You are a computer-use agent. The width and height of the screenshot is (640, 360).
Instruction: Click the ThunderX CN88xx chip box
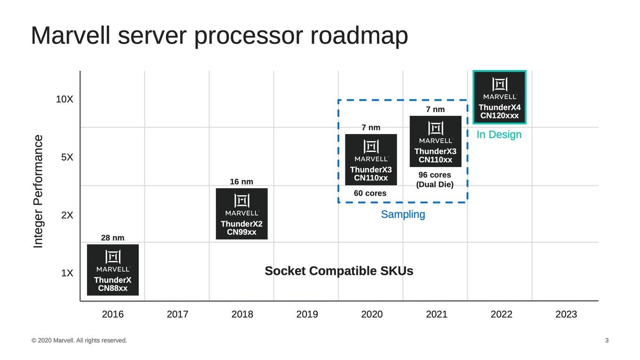113,270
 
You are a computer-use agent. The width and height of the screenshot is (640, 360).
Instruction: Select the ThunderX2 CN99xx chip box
242,214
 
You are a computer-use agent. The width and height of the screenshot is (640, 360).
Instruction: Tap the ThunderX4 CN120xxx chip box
499,97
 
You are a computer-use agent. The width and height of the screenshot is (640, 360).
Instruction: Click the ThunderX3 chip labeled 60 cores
371,160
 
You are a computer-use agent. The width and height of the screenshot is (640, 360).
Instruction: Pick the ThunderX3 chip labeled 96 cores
435,141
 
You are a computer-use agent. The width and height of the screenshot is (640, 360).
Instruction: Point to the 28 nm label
112,238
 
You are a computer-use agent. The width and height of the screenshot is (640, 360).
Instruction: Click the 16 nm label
241,182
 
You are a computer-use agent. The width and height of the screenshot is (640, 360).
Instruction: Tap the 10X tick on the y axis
64,99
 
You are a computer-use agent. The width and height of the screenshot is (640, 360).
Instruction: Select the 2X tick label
67,215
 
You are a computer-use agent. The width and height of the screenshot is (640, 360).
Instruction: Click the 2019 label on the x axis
307,314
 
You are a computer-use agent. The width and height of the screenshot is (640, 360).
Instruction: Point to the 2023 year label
566,314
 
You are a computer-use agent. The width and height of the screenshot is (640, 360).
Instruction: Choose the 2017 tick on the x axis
177,314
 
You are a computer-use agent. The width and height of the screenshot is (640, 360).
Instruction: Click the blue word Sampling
403,214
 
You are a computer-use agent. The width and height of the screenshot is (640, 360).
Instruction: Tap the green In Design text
499,135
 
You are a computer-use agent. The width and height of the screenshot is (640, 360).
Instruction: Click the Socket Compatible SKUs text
339,271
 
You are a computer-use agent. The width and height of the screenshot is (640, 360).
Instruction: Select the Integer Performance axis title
38,192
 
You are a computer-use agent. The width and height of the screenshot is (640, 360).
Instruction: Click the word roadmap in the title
359,36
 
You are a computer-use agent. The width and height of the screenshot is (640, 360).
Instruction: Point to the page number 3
607,340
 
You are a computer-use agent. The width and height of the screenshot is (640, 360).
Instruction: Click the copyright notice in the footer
79,340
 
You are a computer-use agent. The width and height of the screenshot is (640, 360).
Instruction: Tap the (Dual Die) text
435,184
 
